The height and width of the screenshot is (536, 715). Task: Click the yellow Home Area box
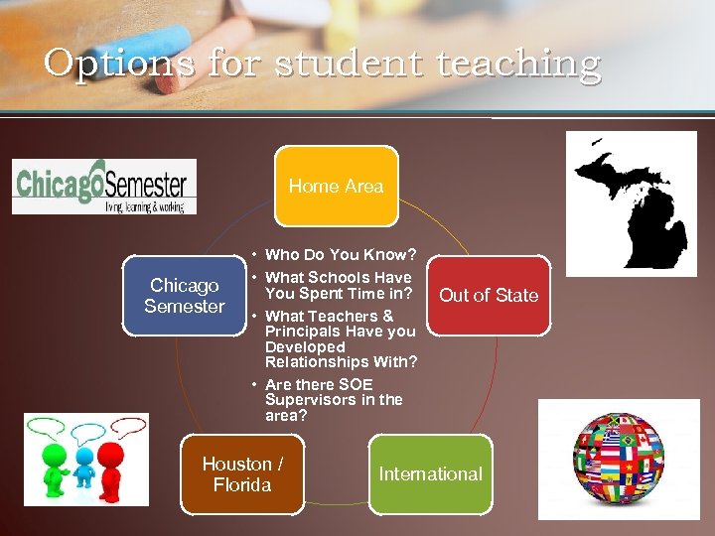[x=336, y=186]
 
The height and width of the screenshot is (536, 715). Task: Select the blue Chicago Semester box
[x=184, y=296]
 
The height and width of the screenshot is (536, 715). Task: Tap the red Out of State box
[x=488, y=295]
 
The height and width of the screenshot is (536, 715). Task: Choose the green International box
[x=430, y=474]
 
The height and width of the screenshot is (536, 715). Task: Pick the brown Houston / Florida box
[x=242, y=474]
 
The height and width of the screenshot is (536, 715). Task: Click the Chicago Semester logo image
[x=104, y=186]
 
